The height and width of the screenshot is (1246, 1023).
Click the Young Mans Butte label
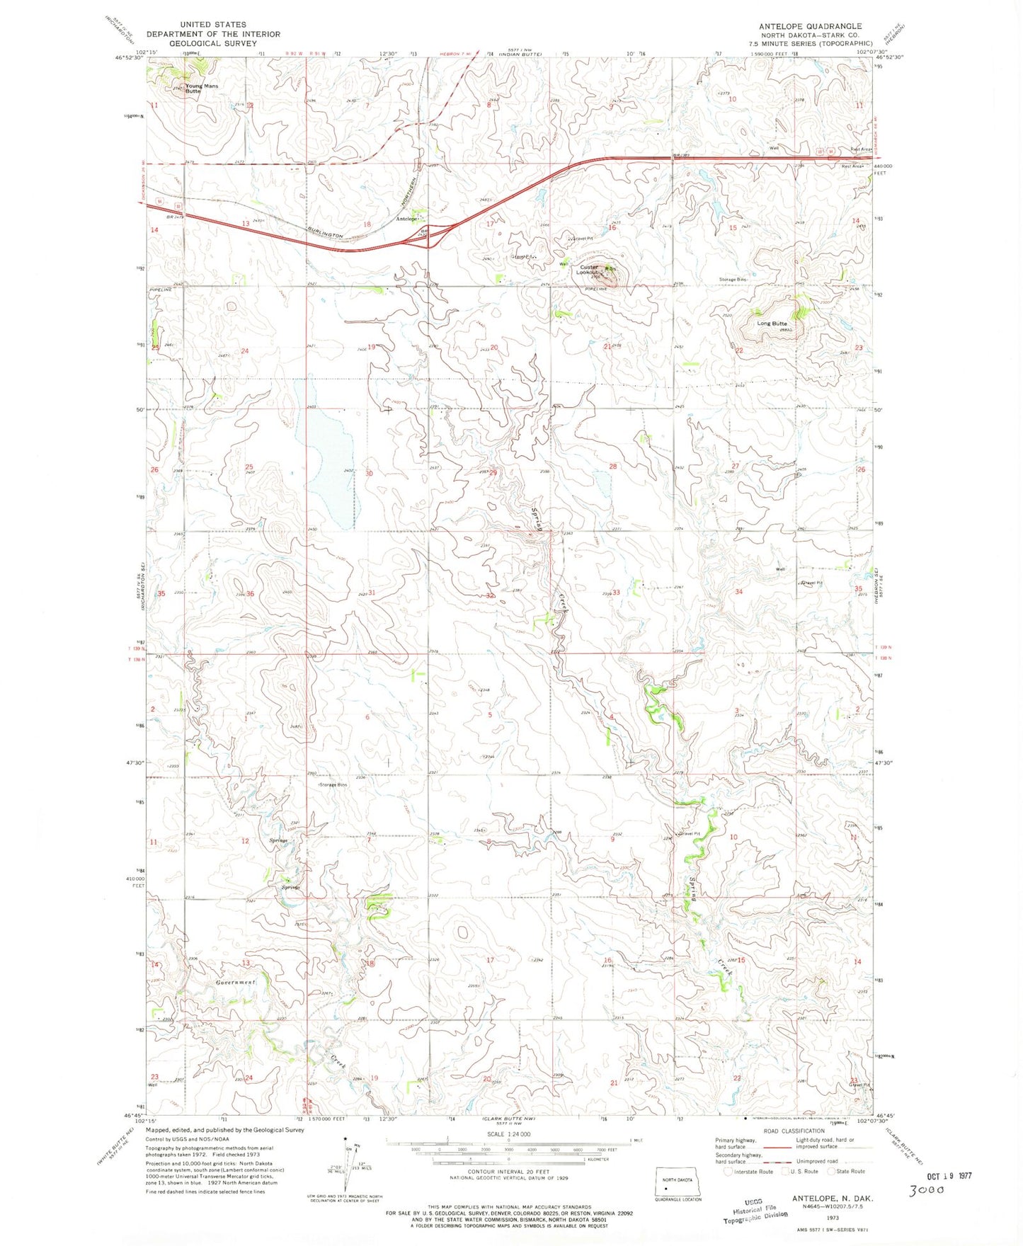pos(202,88)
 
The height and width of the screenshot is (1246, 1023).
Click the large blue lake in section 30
pos(330,467)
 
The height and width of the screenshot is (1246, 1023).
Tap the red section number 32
pos(490,595)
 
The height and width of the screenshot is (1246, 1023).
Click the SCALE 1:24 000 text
pos(508,1133)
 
